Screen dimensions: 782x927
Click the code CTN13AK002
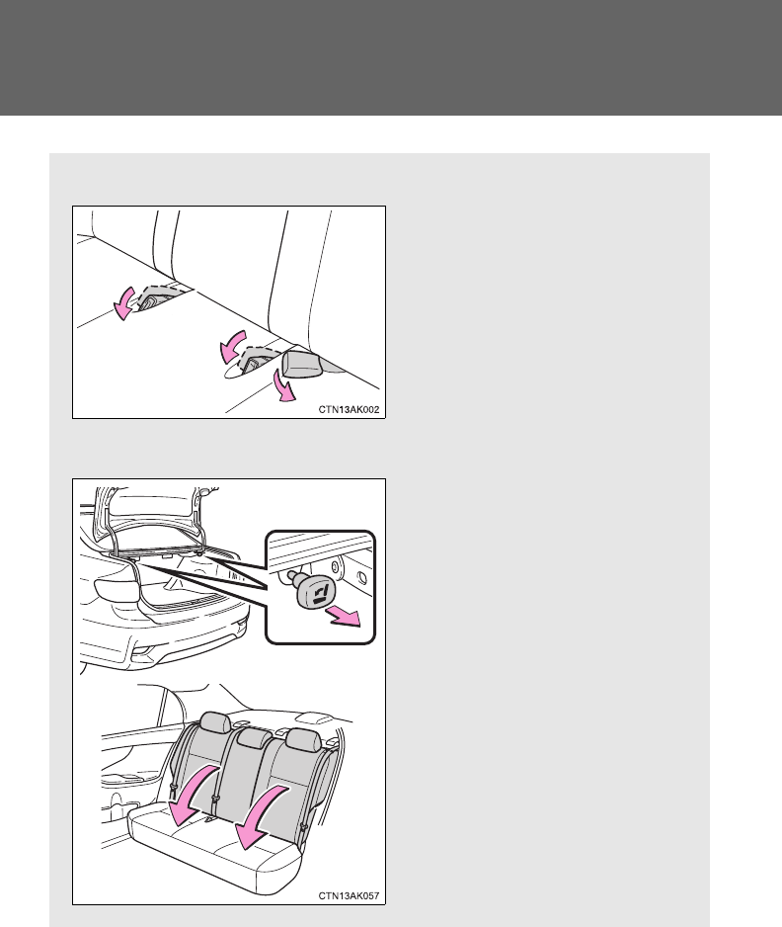tap(349, 410)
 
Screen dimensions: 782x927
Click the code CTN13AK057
tap(349, 895)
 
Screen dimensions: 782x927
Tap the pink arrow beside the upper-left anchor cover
tap(124, 303)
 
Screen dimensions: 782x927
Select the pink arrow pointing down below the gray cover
tap(284, 386)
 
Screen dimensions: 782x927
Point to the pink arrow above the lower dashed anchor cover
tap(231, 347)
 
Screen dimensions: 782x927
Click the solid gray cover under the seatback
tap(302, 364)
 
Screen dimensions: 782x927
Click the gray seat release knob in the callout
tap(315, 591)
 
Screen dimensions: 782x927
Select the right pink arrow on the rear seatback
tap(260, 817)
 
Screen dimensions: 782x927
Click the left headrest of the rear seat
tap(215, 721)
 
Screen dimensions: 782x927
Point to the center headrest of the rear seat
tap(255, 738)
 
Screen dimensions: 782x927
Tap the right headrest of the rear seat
tap(303, 740)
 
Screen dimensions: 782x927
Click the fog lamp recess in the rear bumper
tap(143, 652)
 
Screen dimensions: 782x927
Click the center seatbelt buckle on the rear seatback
tap(215, 802)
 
